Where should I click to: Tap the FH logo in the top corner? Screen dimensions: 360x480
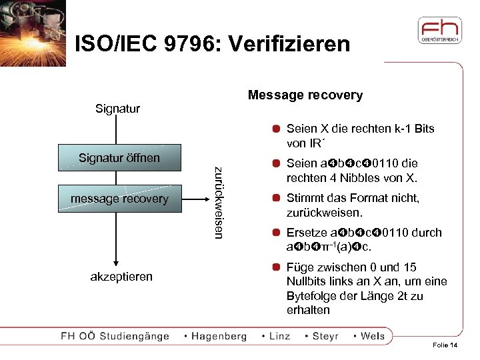coord(439,32)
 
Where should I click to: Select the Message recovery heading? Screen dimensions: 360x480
coord(305,95)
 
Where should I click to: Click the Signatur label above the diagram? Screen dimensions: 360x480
coord(117,108)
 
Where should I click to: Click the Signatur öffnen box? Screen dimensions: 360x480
coord(119,158)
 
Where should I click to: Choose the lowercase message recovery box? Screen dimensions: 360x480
coord(119,199)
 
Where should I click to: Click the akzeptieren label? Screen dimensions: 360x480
coord(121,276)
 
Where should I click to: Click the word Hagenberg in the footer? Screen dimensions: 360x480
coord(219,336)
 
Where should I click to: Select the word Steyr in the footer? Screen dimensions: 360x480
coord(325,336)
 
